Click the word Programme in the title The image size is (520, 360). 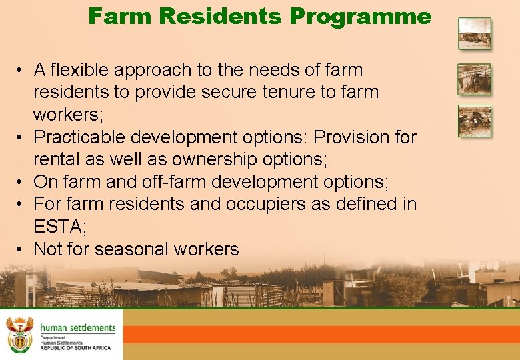pyautogui.click(x=361, y=16)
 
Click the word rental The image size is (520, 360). pyautogui.click(x=56, y=159)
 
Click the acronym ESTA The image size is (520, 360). pyautogui.click(x=56, y=227)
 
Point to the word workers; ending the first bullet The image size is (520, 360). pyautogui.click(x=69, y=115)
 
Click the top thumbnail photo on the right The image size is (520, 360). pyautogui.click(x=474, y=33)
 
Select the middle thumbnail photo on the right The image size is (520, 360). pyautogui.click(x=474, y=79)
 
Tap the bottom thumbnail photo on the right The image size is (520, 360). pyautogui.click(x=474, y=121)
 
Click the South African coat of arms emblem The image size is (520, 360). pyautogui.click(x=19, y=334)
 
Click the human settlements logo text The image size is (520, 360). pyautogui.click(x=77, y=327)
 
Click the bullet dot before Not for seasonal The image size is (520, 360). pyautogui.click(x=22, y=249)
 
